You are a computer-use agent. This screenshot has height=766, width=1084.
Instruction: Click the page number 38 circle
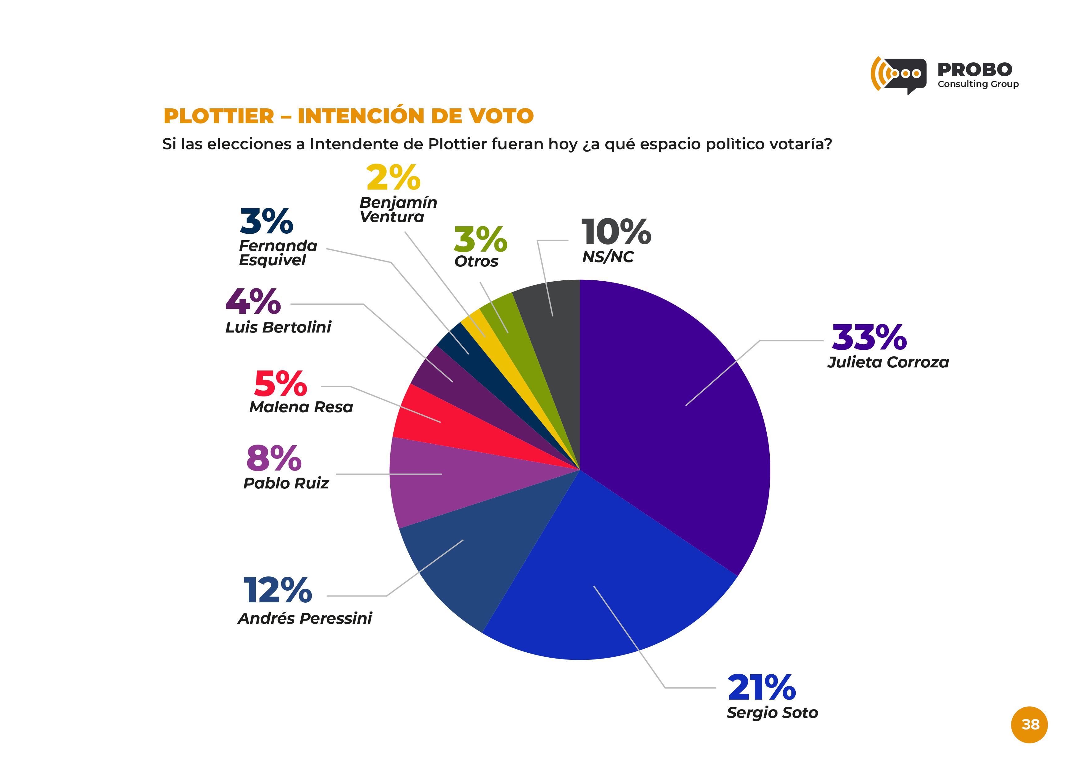click(1029, 725)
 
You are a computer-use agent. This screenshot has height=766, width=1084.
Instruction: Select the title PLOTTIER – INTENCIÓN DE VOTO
click(349, 116)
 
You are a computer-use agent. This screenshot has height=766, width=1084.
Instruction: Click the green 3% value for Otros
click(480, 240)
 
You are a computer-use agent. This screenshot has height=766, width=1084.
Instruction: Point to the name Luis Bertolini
click(278, 327)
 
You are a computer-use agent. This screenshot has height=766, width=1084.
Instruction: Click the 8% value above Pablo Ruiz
click(274, 458)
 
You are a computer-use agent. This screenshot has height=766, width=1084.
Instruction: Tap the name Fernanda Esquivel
click(277, 253)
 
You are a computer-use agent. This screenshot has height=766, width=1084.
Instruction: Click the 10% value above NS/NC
click(616, 232)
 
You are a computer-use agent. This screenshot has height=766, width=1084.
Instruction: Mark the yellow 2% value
click(393, 178)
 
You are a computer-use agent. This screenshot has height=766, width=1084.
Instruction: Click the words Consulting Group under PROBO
click(978, 84)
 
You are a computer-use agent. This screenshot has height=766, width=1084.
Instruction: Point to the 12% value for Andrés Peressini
click(277, 591)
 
